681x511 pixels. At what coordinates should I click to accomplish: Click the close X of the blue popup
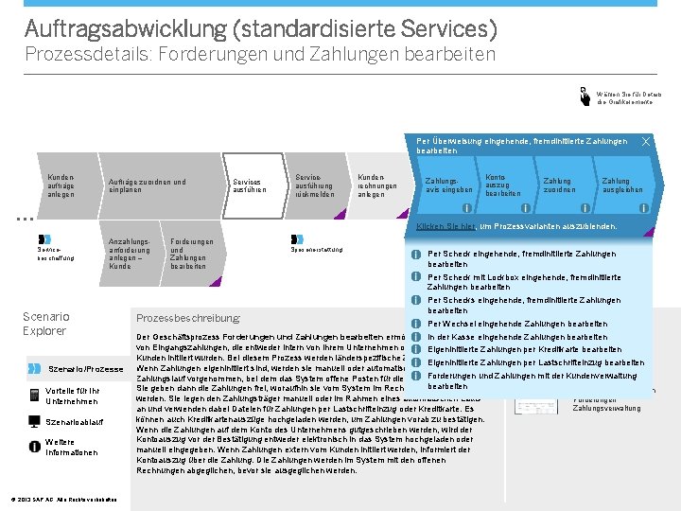coord(646,141)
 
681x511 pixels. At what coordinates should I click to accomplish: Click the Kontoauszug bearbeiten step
coord(502,185)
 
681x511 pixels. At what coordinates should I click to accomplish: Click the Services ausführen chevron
coord(250,185)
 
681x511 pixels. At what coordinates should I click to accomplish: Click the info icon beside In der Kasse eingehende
coord(415,337)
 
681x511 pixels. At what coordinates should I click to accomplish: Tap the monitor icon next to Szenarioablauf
coord(35,421)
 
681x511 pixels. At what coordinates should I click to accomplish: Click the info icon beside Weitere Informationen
coord(35,447)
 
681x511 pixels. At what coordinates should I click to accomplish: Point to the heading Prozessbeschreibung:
coord(188,318)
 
